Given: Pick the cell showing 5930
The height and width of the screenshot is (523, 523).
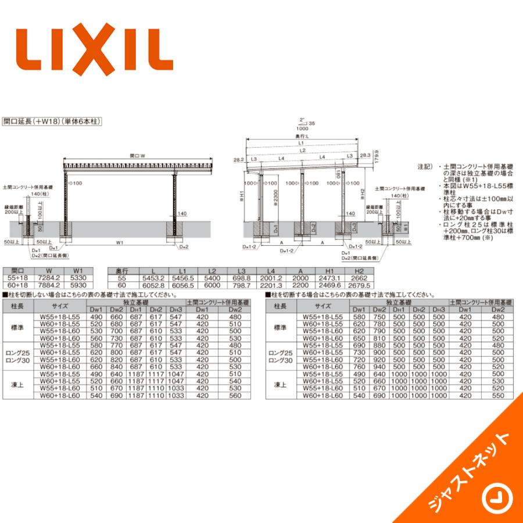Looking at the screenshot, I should [x=78, y=285].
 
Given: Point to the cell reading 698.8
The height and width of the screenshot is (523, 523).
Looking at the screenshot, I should [x=241, y=278].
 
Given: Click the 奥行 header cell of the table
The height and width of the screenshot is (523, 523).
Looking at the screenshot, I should [x=121, y=271].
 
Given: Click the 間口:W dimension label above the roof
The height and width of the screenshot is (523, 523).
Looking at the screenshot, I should [x=137, y=156].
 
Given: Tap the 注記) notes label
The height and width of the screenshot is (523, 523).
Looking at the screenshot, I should [x=425, y=167].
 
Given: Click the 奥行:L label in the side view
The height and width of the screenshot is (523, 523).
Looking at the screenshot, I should [x=301, y=136].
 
